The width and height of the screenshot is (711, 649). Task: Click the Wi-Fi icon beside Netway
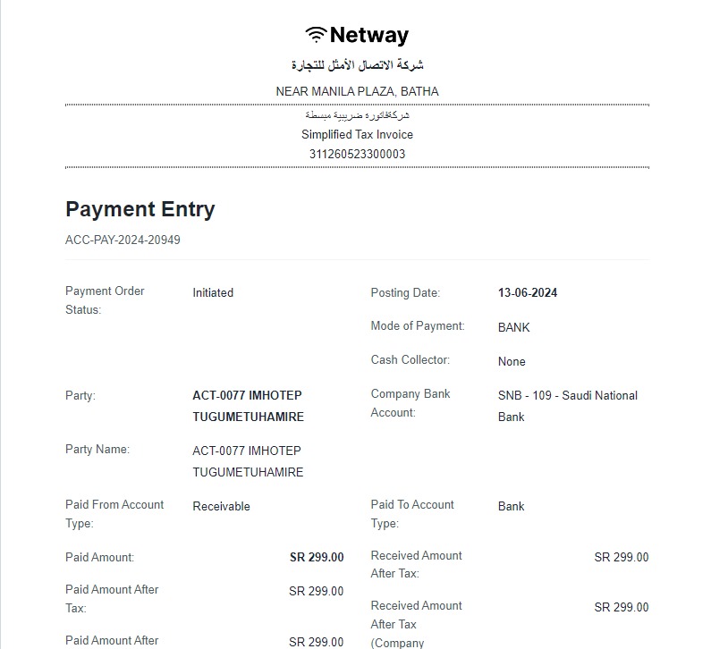click(x=316, y=35)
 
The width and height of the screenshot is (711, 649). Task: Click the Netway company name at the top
click(x=368, y=35)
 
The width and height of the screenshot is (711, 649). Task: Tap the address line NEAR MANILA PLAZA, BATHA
click(x=357, y=91)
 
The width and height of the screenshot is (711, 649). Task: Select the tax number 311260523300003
click(x=357, y=154)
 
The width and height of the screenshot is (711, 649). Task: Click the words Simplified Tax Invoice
click(x=357, y=134)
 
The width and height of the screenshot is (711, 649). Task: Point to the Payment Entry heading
click(x=140, y=209)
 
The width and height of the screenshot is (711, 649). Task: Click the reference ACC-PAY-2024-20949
click(x=123, y=240)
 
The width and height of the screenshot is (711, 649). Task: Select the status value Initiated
click(x=213, y=292)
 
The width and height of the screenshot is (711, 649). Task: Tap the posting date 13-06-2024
click(x=528, y=292)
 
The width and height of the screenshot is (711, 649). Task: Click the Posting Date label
click(x=405, y=292)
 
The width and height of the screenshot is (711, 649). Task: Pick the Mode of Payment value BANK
click(x=513, y=327)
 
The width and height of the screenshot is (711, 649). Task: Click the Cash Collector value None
click(x=512, y=361)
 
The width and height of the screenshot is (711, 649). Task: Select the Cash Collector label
click(x=410, y=359)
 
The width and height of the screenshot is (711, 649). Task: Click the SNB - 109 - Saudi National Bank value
click(x=567, y=406)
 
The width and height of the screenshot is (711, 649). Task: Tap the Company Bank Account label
click(x=411, y=403)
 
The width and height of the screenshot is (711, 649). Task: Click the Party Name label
click(x=97, y=449)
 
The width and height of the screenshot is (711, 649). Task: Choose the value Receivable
click(x=221, y=506)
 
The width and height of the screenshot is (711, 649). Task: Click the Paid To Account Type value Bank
click(x=511, y=506)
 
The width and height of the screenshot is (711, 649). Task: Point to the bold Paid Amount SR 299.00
click(x=317, y=557)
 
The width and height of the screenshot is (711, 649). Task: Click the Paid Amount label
click(x=99, y=557)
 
